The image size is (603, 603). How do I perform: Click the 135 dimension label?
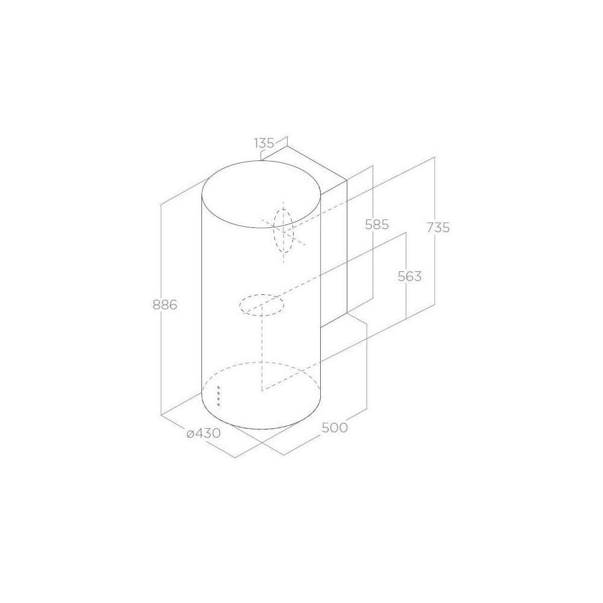tap(264, 143)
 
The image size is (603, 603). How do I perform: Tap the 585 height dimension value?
tap(377, 225)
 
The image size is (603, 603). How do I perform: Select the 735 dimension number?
tap(438, 227)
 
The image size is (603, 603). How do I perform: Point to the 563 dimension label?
tap(409, 277)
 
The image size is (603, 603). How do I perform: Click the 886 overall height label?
tap(164, 305)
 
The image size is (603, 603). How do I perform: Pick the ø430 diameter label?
tap(203, 432)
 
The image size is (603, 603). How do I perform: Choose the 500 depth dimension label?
tap(335, 428)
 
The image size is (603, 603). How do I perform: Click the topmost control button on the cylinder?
tap(218, 388)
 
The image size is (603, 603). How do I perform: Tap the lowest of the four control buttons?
tap(218, 404)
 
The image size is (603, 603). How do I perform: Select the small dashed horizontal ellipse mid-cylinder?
tap(262, 305)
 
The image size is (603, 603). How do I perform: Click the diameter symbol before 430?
tap(189, 433)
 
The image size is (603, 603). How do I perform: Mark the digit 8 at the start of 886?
tap(156, 305)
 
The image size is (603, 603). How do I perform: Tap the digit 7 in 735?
tap(430, 227)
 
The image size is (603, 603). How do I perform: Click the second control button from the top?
tap(218, 394)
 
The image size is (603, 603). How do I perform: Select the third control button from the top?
tap(218, 399)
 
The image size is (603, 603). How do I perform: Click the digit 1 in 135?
tap(256, 143)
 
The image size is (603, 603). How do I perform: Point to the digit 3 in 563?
tap(417, 277)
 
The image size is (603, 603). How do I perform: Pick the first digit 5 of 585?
tap(369, 225)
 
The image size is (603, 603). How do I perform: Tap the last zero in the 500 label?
tap(343, 428)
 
